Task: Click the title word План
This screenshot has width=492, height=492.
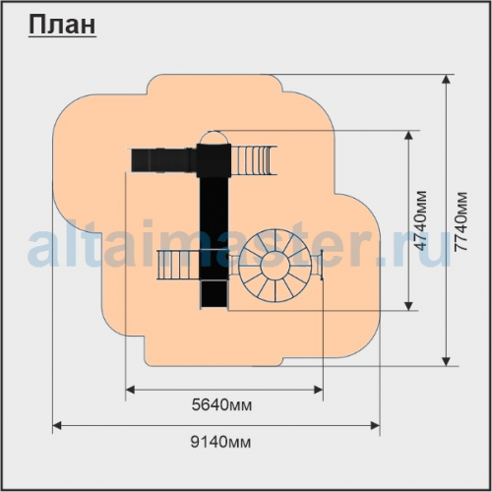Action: pos(62,26)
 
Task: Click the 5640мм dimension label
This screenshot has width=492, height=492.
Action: pos(222,405)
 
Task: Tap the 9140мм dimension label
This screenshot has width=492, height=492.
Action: pos(220,443)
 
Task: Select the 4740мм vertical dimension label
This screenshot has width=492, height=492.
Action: pos(421,220)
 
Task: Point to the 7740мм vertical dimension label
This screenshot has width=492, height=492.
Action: pos(461,221)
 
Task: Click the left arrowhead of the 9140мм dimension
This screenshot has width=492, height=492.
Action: pos(57,426)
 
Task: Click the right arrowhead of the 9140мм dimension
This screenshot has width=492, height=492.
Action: pos(375,426)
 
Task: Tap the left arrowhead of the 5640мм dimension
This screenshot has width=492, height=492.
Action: pos(131,390)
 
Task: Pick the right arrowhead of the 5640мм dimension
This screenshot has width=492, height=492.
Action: pos(319,390)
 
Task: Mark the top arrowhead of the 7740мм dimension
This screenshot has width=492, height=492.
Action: pos(446,80)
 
